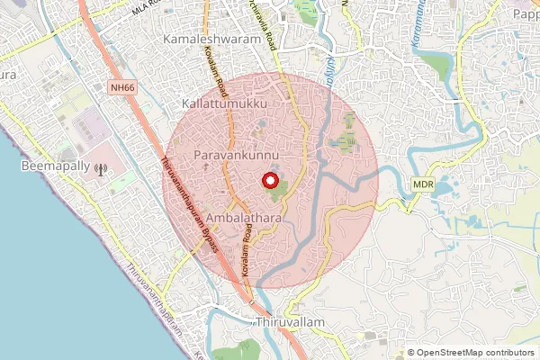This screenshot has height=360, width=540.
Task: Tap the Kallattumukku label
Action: (x=225, y=105)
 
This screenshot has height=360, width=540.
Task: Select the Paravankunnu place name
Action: (x=231, y=157)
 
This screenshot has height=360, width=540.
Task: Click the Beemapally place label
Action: (x=55, y=167)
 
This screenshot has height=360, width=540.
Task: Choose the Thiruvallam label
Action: (x=287, y=321)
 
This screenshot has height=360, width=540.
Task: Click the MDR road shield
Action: (x=425, y=184)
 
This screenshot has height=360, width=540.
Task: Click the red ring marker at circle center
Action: (x=269, y=180)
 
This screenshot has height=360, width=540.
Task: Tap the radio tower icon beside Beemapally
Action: (x=100, y=167)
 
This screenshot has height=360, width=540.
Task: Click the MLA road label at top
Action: (x=148, y=7)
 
